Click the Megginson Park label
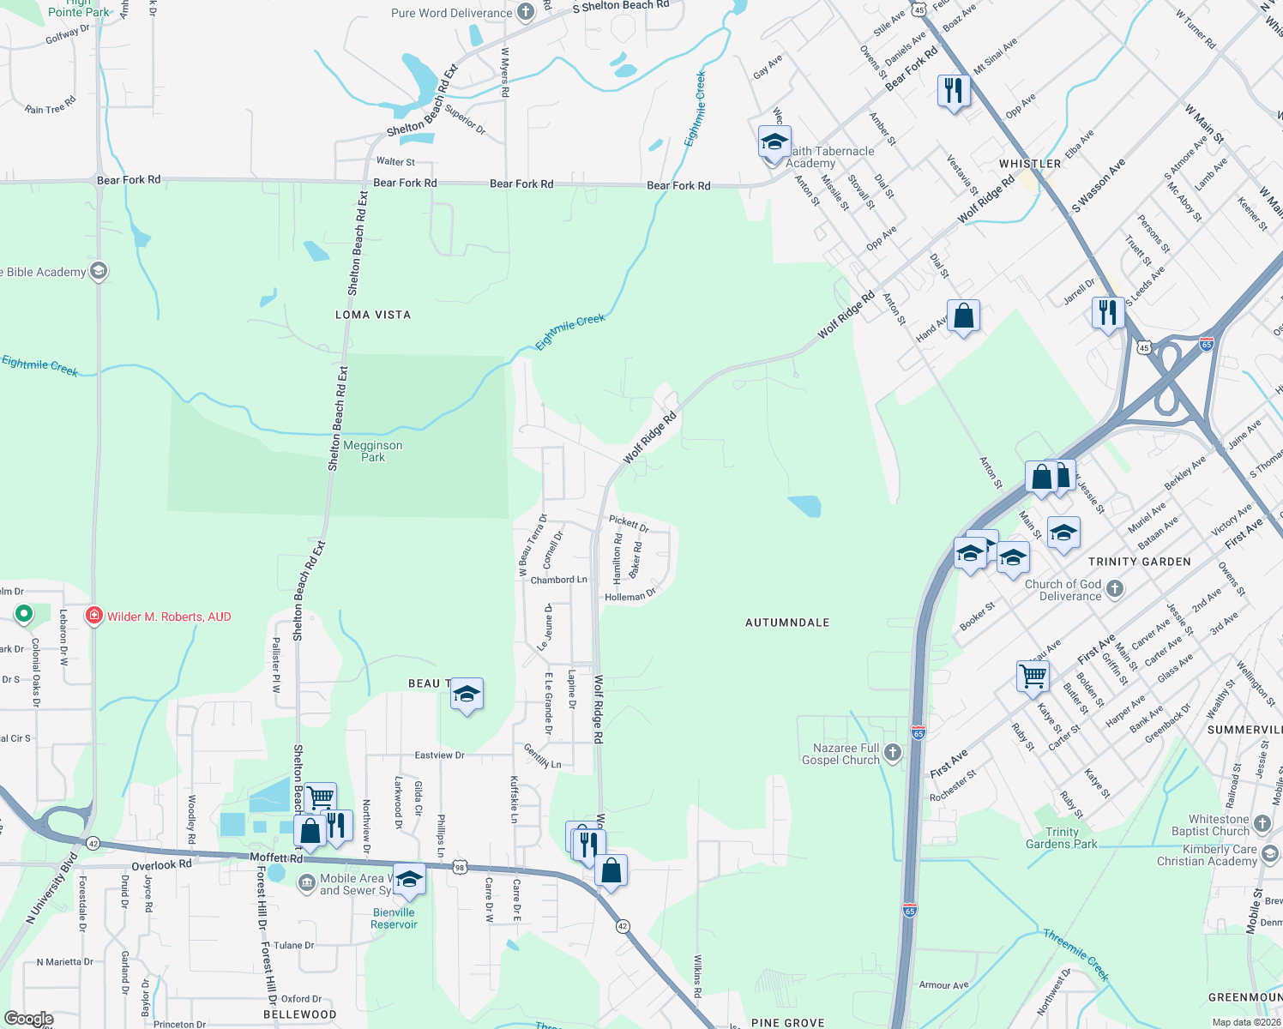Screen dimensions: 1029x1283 [x=372, y=451]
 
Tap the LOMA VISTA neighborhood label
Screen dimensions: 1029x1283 [x=372, y=315]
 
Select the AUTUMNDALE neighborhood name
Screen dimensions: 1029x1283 [x=787, y=623]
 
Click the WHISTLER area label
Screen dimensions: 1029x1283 [x=1030, y=164]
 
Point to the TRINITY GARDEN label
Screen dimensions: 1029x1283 [x=1139, y=562]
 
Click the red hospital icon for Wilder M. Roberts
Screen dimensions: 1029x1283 [x=94, y=616]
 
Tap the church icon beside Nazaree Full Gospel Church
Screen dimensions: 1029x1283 [x=893, y=753]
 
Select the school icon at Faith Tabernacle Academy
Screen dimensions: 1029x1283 [x=774, y=141]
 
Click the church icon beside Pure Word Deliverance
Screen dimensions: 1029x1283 [x=526, y=12]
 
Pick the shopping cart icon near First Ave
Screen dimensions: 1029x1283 [x=1033, y=675]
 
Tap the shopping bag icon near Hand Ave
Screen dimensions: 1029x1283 [x=963, y=316]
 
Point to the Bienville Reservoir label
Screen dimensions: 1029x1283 [x=394, y=918]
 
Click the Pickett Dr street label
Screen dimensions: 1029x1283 [x=629, y=522]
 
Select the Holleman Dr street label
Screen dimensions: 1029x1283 [x=629, y=595]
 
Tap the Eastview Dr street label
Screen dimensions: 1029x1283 [x=439, y=755]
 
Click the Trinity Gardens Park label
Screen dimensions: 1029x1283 [x=1061, y=838]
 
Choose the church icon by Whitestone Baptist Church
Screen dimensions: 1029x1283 [x=1262, y=824]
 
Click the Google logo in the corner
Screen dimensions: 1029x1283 [x=28, y=1019]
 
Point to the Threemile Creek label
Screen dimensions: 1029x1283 [x=1076, y=954]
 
